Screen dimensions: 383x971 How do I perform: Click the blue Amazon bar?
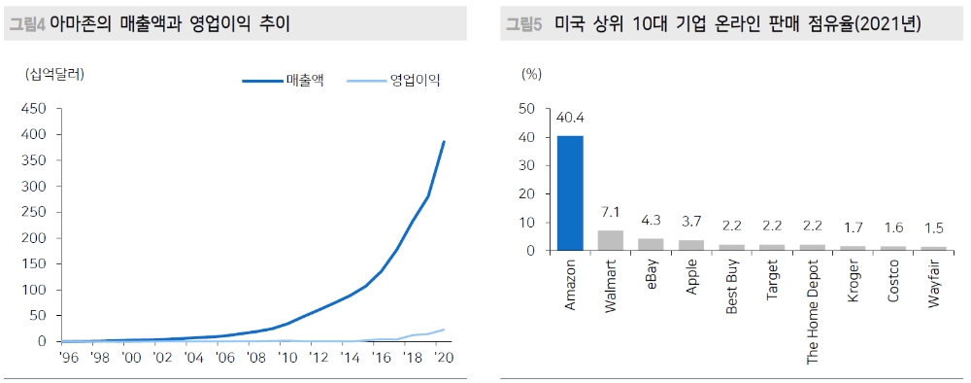pyautogui.click(x=570, y=192)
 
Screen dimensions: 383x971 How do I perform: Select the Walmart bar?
pyautogui.click(x=611, y=240)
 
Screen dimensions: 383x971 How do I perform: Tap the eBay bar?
pyautogui.click(x=651, y=244)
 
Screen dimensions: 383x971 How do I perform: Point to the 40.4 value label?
pyautogui.click(x=571, y=118)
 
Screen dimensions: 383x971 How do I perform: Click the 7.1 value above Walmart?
pyautogui.click(x=611, y=213)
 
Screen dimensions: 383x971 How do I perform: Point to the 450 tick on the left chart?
pyautogui.click(x=33, y=109)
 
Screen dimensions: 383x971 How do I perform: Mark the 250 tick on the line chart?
pyautogui.click(x=33, y=212)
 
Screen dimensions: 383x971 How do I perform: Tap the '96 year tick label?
pyautogui.click(x=68, y=358)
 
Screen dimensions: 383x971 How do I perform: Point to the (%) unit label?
pyautogui.click(x=530, y=72)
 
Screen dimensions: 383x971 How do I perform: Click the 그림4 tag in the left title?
pyautogui.click(x=26, y=22)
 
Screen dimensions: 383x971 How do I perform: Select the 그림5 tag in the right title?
pyautogui.click(x=523, y=22)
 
